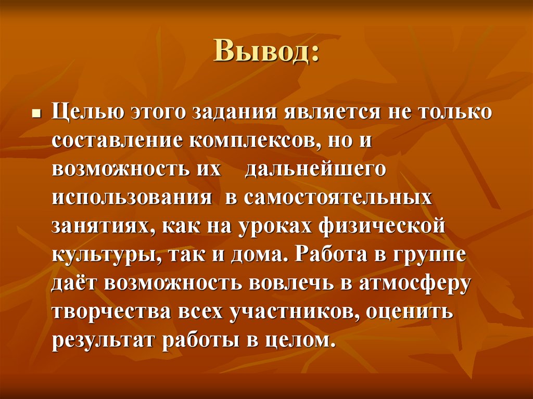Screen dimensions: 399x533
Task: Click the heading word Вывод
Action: (265, 53)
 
